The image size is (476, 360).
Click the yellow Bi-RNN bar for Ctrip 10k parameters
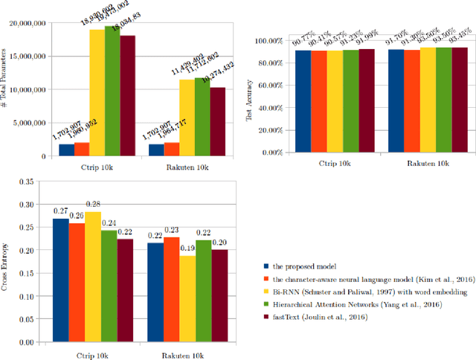point(97,93)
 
